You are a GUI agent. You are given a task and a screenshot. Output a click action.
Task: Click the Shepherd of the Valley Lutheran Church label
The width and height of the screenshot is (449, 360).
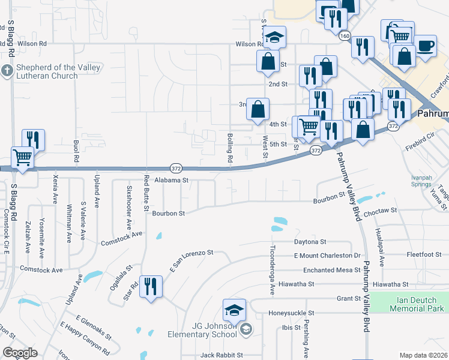pyautogui.click(x=47, y=71)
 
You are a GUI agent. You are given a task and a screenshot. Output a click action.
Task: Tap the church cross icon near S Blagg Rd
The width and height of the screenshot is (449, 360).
pyautogui.click(x=7, y=71)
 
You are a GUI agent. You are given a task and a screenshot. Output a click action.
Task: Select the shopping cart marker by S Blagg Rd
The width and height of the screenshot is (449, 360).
pyautogui.click(x=22, y=158)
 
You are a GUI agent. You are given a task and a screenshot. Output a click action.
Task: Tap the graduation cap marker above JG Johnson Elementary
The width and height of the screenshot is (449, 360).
pyautogui.click(x=234, y=310)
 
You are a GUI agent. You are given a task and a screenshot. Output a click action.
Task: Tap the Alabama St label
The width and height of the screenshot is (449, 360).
pyautogui.click(x=172, y=179)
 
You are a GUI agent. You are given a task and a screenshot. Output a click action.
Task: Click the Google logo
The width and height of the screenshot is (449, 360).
pyautogui.click(x=20, y=352)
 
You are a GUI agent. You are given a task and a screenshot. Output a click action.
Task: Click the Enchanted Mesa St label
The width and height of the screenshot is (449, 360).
pyautogui.click(x=331, y=270)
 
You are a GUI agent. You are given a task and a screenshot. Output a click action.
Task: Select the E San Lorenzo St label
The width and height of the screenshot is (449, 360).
pyautogui.click(x=191, y=262)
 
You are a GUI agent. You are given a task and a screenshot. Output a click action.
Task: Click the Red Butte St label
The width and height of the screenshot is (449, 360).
pyautogui.click(x=146, y=193)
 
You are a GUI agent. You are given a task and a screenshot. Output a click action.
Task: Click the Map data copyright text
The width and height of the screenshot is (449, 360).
pyautogui.click(x=423, y=355)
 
